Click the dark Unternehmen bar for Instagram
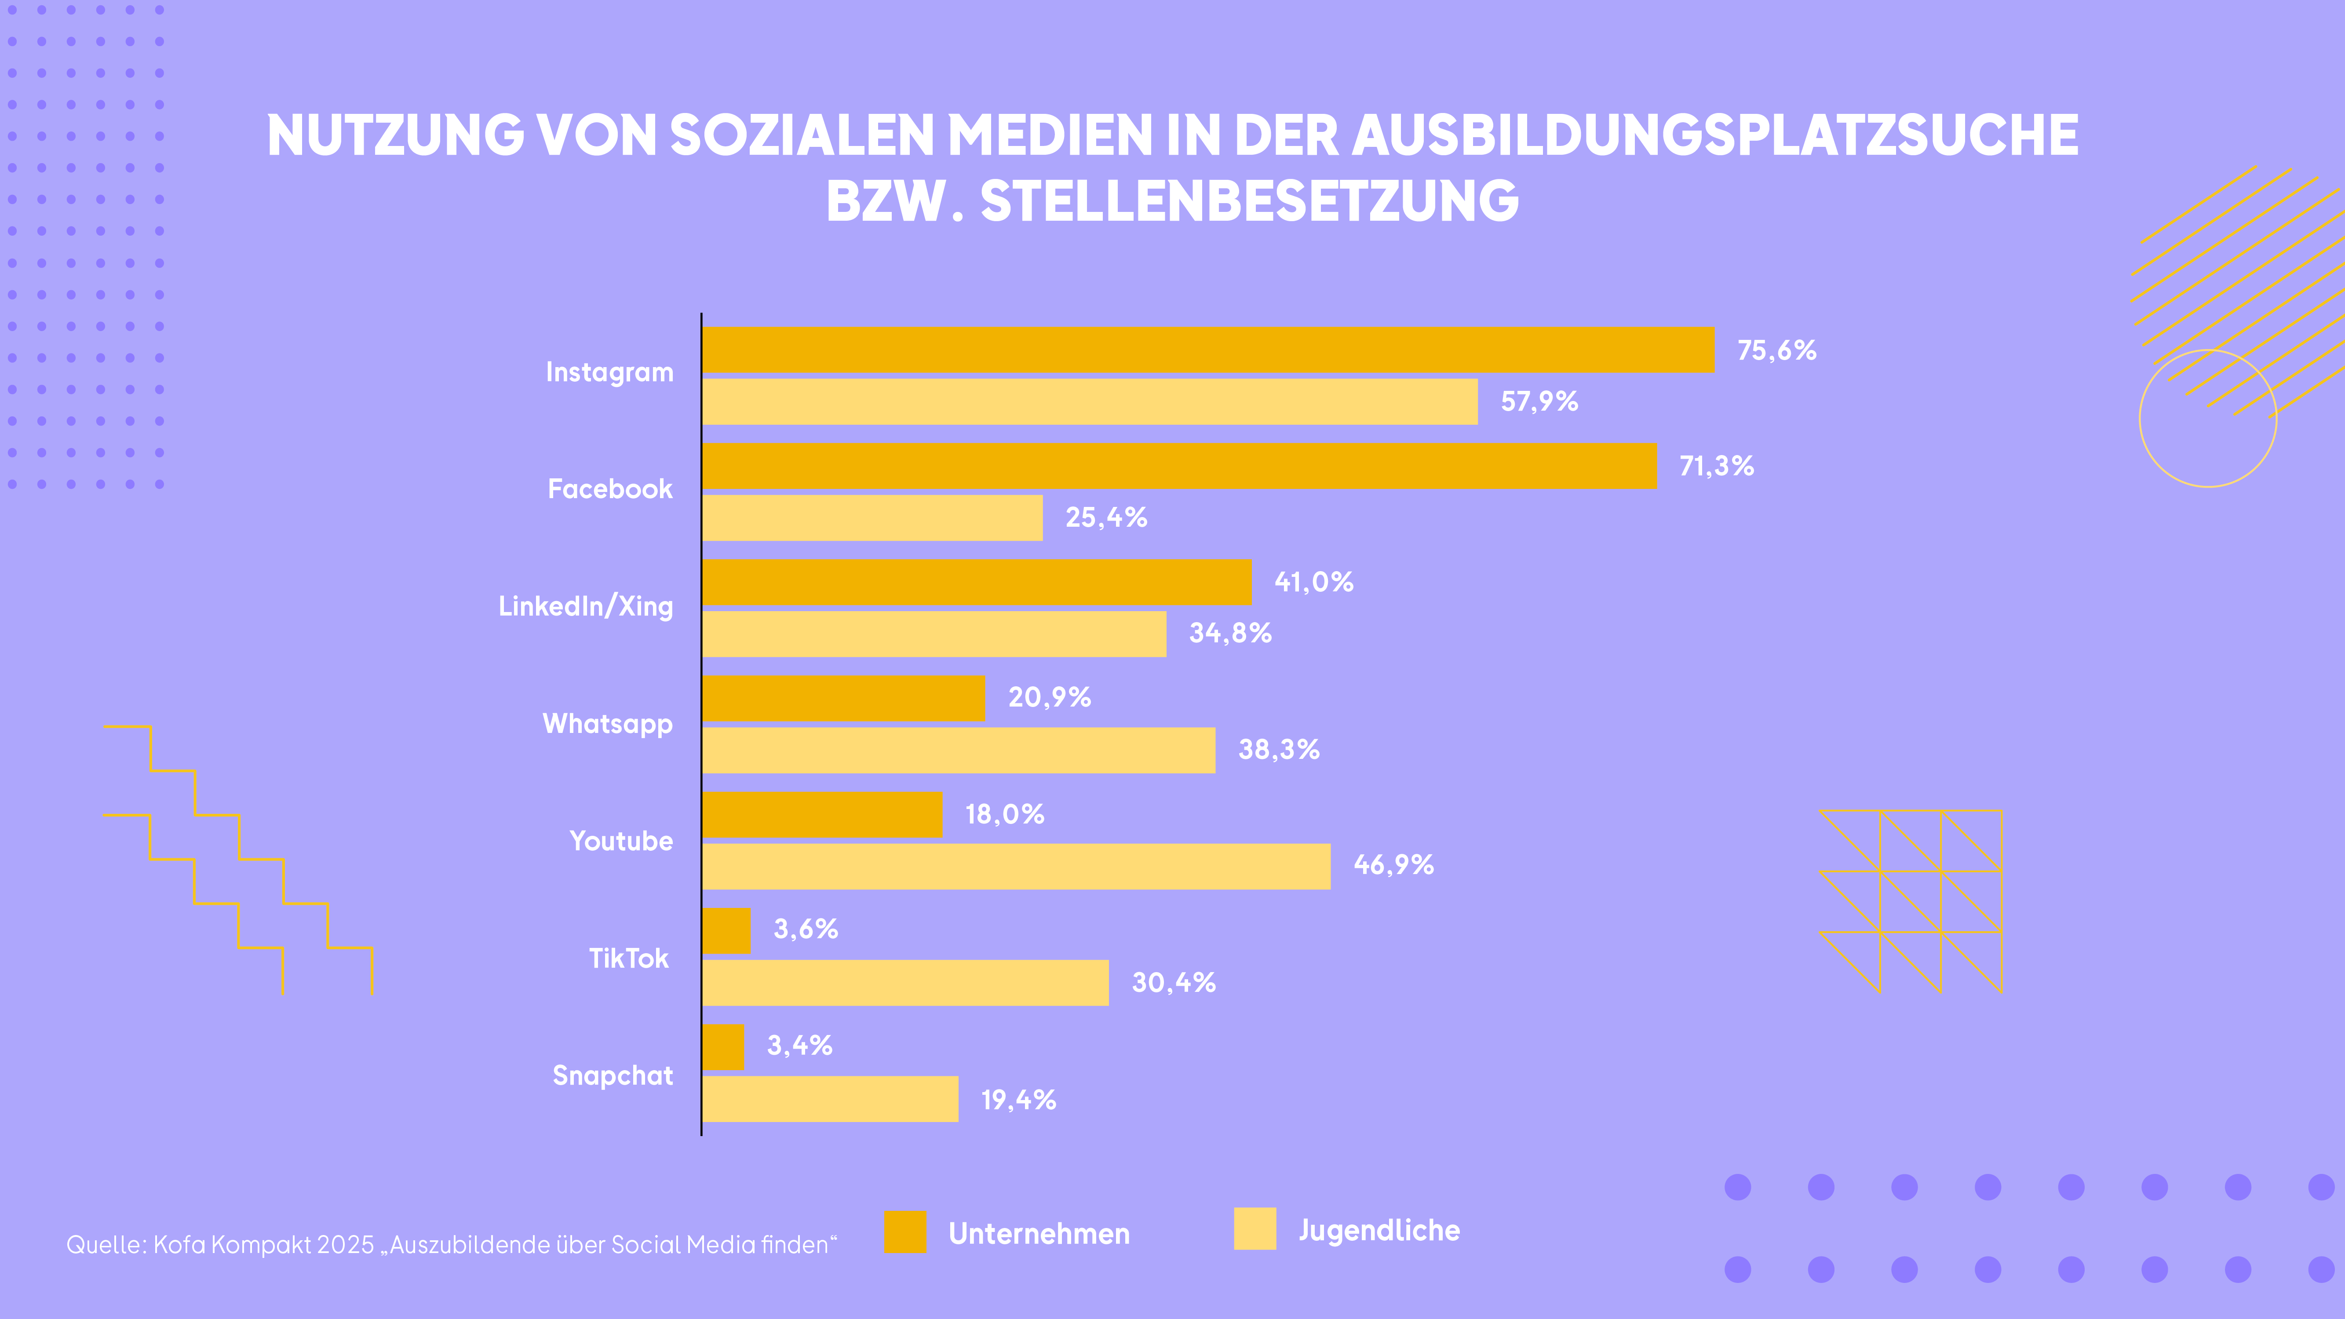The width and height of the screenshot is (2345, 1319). pyautogui.click(x=1207, y=350)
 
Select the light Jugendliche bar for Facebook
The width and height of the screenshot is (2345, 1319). pyautogui.click(x=872, y=518)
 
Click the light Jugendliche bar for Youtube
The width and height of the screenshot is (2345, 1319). pyautogui.click(x=1016, y=867)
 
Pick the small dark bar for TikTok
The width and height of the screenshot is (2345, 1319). pyautogui.click(x=726, y=930)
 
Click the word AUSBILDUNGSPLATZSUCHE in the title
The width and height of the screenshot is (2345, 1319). pyautogui.click(x=1715, y=135)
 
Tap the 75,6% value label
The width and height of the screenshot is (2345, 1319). pyautogui.click(x=1776, y=350)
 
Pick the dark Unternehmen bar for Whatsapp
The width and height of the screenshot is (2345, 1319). pyautogui.click(x=843, y=698)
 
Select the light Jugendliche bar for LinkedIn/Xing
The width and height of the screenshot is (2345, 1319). pyautogui.click(x=934, y=634)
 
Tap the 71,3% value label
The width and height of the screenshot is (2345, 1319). pyautogui.click(x=1716, y=466)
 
